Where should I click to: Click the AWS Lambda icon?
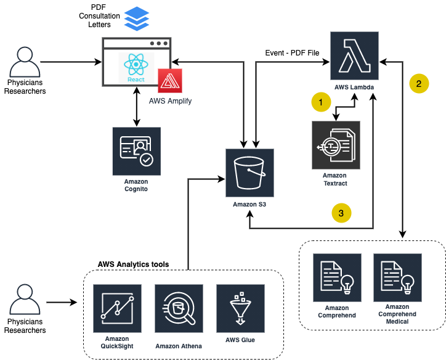pos(354,57)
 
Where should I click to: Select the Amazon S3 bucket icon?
pos(249,173)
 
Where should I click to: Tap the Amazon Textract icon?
pos(336,145)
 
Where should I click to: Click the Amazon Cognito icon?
pos(136,151)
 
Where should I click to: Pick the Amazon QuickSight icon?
pos(117,308)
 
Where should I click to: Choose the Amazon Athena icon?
pos(179,308)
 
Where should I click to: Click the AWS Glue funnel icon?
pos(240,308)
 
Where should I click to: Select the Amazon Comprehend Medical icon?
pos(397,277)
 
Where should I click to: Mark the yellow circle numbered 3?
pos(342,213)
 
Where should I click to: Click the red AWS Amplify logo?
pos(170,81)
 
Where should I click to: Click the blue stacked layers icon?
pos(137,18)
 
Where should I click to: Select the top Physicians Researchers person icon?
pos(25,62)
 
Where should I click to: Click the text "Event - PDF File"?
pos(292,53)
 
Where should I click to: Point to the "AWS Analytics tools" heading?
pos(133,264)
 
